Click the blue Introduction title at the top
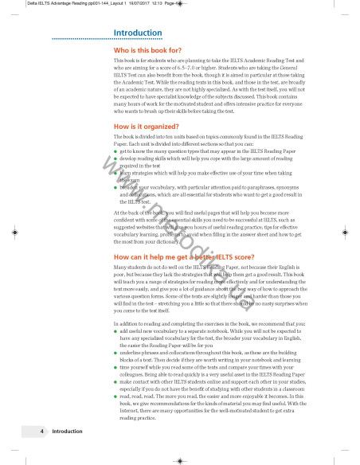pyautogui.click(x=138, y=33)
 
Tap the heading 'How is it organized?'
pyautogui.click(x=147, y=127)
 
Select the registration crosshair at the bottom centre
pyautogui.click(x=180, y=459)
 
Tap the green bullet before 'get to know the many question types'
pyautogui.click(x=116, y=150)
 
